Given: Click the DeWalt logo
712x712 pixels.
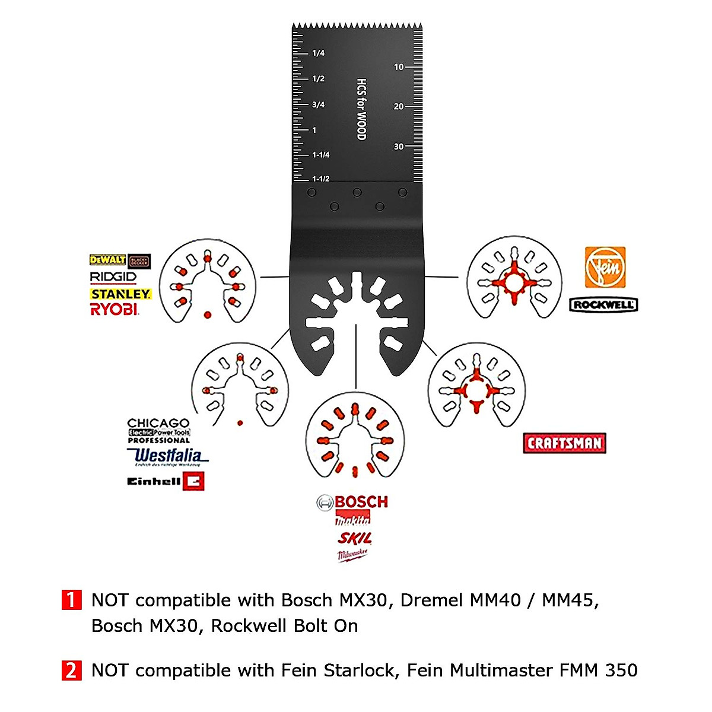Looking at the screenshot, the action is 107,260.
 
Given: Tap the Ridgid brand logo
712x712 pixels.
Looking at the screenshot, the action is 113,276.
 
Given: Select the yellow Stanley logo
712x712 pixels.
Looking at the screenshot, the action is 120,294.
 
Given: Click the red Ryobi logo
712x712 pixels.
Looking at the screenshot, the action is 114,309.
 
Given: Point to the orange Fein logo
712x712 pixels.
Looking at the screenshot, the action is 605,268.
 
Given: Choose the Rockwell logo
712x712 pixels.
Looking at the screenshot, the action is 603,305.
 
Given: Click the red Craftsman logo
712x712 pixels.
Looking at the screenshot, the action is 564,443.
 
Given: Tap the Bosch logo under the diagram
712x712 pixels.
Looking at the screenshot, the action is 352,502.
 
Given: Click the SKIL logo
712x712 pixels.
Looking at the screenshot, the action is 354,538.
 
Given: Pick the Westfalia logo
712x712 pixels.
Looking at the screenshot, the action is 167,456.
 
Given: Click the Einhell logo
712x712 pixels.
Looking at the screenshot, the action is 166,481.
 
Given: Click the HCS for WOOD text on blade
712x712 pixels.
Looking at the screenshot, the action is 361,109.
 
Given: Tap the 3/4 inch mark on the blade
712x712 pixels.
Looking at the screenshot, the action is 318,105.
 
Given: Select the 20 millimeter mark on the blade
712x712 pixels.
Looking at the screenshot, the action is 399,107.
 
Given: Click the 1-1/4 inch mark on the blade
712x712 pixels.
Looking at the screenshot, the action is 320,155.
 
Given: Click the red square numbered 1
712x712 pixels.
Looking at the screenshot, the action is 71,600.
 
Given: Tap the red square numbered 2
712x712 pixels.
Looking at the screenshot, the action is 71,670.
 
